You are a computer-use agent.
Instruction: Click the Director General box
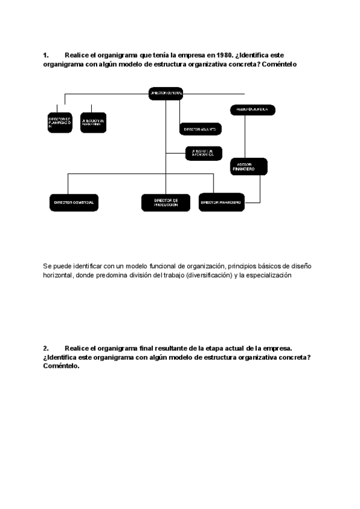click(166, 93)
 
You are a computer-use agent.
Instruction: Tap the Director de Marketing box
click(93, 122)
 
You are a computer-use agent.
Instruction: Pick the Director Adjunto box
click(200, 129)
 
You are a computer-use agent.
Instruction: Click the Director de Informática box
click(200, 153)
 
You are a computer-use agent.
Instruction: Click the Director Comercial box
click(74, 202)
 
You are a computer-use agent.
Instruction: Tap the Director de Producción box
click(166, 203)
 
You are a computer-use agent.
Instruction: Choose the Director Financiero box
click(221, 202)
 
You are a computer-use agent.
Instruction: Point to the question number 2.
click(46, 348)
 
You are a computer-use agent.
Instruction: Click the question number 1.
click(46, 55)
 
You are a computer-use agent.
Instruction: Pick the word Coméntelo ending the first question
click(280, 64)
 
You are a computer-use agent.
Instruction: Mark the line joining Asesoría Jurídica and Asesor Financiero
click(244, 136)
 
